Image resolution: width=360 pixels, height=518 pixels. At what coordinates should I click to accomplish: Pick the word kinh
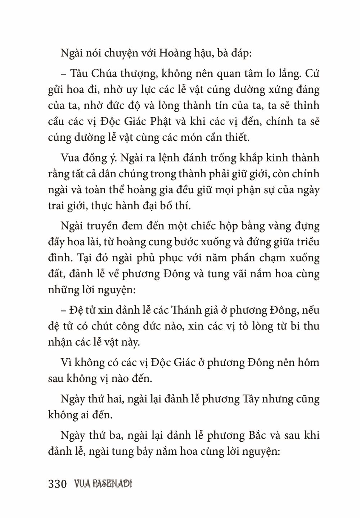pos(270,158)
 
